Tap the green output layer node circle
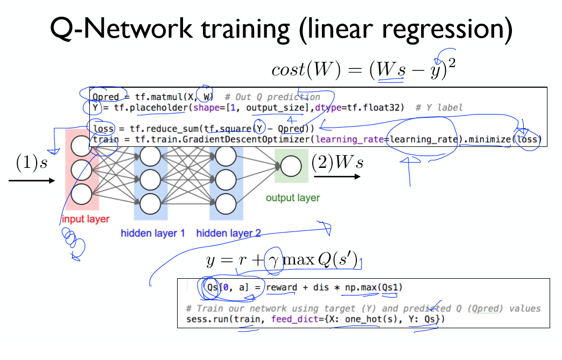pos(291,166)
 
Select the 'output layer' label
pos(293,198)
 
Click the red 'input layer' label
pos(85,219)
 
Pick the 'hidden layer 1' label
pos(153,234)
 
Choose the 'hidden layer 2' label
pos(228,234)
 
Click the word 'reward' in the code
pos(282,288)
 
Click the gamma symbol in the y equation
pos(274,262)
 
